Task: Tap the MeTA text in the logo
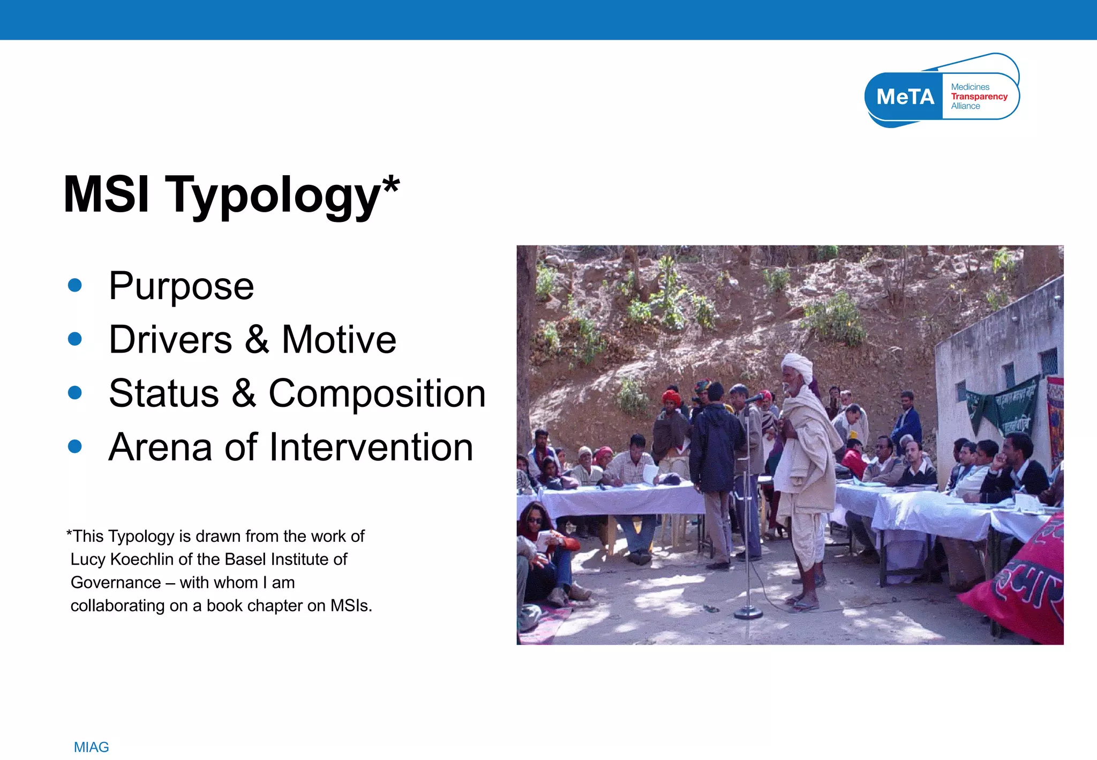coord(905,97)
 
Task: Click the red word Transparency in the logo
coord(979,96)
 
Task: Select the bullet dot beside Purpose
coord(75,285)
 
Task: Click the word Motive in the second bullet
coord(339,340)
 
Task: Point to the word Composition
coord(377,393)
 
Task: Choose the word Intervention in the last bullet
coord(371,447)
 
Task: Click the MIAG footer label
coord(91,747)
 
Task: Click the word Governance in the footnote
coord(116,582)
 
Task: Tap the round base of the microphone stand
coord(748,613)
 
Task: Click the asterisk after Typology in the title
coord(391,185)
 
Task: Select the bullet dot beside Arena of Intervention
coord(75,446)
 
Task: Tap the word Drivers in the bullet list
coord(170,340)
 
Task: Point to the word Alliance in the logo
coord(965,106)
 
